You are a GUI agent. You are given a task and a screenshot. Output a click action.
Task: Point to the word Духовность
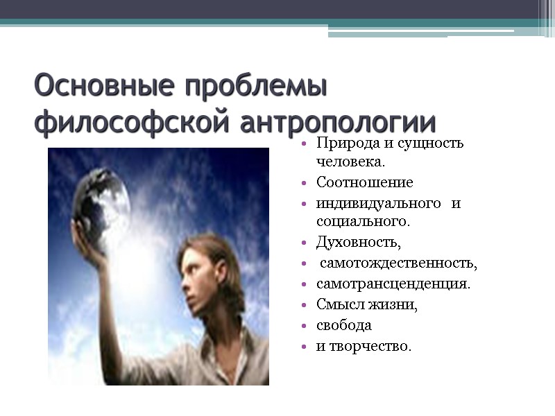point(358,243)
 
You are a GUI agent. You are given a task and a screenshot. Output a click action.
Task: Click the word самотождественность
point(398,263)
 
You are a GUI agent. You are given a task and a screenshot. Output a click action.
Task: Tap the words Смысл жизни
point(366,304)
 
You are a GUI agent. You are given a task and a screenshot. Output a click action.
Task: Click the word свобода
point(344,324)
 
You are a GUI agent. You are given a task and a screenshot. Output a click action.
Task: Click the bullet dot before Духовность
point(304,243)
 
